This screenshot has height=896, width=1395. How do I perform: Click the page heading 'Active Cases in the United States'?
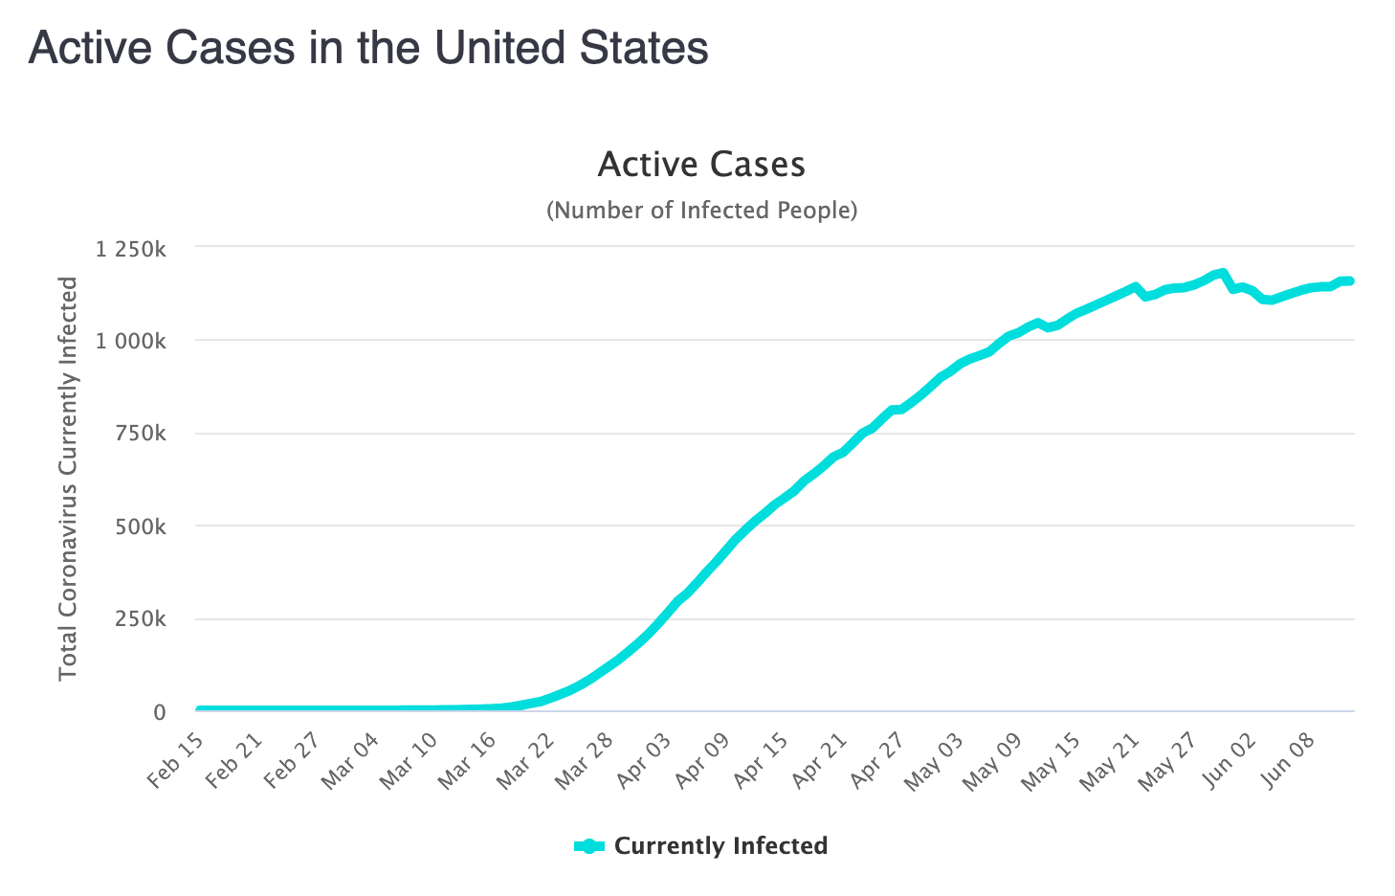coord(368,48)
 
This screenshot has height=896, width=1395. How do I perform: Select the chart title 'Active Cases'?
coord(701,165)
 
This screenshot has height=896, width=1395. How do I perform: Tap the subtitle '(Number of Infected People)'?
coord(701,210)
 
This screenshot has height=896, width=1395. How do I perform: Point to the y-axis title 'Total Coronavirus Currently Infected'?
coord(68,478)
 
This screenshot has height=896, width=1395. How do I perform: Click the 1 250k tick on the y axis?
coord(131,249)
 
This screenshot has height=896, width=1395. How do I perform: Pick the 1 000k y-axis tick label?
coord(131,342)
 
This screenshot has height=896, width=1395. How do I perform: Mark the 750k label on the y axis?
coord(142,435)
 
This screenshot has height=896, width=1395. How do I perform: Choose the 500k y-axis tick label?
coord(142,527)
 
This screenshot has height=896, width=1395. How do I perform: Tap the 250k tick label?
coord(142,620)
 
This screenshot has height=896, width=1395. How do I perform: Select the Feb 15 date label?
coord(177,761)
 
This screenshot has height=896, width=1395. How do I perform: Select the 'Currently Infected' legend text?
coord(720,846)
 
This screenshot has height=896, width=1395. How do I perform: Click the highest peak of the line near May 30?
coord(1223,274)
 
